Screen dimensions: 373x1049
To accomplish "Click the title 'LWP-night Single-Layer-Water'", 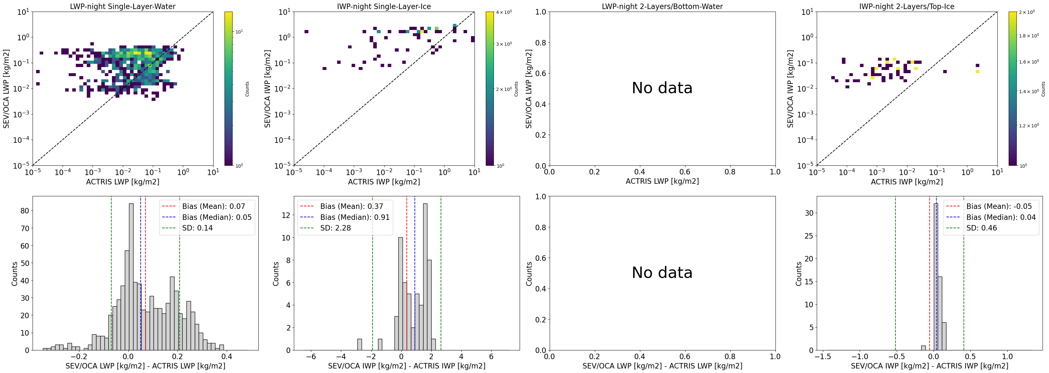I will click(123, 6).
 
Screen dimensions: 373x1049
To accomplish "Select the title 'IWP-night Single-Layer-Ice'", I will click(384, 6).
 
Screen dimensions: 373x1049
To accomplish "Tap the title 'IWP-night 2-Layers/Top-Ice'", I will click(906, 6).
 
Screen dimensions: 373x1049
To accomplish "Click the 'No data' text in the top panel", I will click(662, 88).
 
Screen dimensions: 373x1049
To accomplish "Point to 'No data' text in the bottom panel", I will click(662, 272).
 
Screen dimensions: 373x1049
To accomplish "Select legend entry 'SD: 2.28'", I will click(335, 228).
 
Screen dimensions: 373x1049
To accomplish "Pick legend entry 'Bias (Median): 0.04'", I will click(1001, 217).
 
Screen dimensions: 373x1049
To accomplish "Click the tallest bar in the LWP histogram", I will click(131, 277).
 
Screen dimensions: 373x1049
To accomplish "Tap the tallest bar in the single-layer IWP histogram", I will click(425, 277).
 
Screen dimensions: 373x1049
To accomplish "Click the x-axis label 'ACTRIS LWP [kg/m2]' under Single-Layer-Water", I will click(123, 182).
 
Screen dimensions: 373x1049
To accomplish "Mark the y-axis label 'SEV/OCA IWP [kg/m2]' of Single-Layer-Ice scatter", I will click(267, 89).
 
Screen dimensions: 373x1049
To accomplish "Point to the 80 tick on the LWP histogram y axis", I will click(25, 211).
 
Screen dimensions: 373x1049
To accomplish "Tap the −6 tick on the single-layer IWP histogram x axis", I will click(311, 357).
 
